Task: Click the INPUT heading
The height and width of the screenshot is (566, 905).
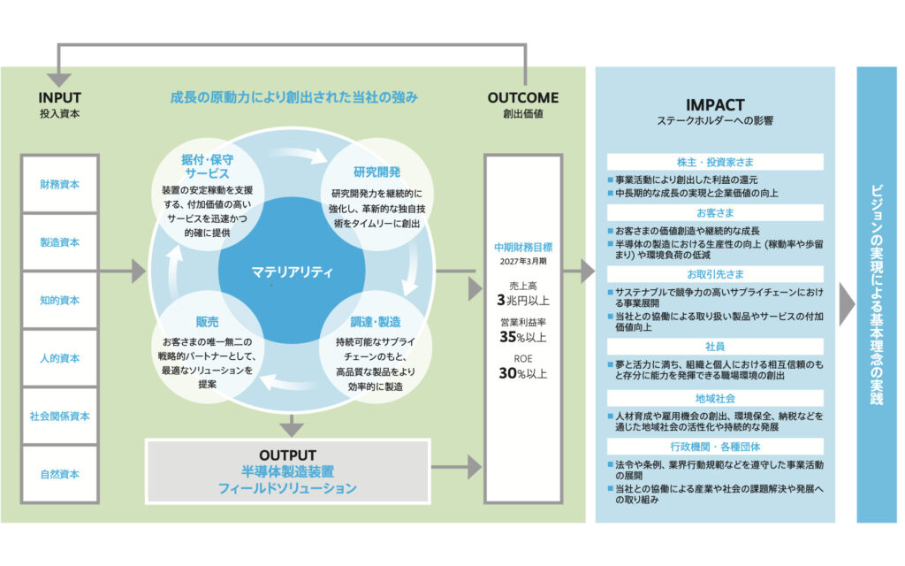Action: pyautogui.click(x=60, y=98)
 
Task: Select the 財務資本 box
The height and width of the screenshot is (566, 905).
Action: pyautogui.click(x=60, y=184)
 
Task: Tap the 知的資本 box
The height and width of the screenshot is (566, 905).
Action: pyautogui.click(x=60, y=300)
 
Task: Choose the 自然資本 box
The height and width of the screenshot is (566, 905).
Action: pyautogui.click(x=60, y=473)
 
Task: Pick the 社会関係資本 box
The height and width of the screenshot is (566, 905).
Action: pyautogui.click(x=60, y=416)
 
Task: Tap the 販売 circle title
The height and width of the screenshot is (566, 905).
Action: pyautogui.click(x=207, y=322)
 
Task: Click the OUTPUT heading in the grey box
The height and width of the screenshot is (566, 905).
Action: pyautogui.click(x=286, y=455)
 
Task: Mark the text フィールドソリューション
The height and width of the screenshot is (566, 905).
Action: pyautogui.click(x=286, y=487)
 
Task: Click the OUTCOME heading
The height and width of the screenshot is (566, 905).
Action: pyautogui.click(x=523, y=98)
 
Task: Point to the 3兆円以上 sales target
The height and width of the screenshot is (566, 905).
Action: pyautogui.click(x=523, y=300)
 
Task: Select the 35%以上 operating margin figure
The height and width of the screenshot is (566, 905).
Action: pyautogui.click(x=523, y=336)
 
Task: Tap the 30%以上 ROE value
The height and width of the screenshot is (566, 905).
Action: pyautogui.click(x=523, y=373)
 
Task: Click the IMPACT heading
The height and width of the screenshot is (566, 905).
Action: pyautogui.click(x=714, y=104)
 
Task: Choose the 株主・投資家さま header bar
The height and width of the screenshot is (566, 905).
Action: pyautogui.click(x=714, y=162)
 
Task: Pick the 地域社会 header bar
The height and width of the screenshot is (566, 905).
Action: pyautogui.click(x=714, y=398)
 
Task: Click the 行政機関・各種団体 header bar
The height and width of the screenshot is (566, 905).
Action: pyautogui.click(x=714, y=447)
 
